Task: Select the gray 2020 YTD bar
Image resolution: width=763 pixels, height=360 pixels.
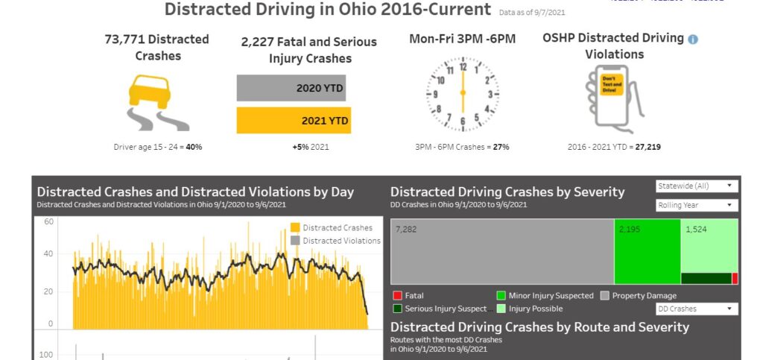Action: pyautogui.click(x=291, y=88)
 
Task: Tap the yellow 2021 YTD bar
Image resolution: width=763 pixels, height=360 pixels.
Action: pyautogui.click(x=293, y=120)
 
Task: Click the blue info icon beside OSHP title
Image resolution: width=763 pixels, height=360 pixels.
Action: pyautogui.click(x=693, y=39)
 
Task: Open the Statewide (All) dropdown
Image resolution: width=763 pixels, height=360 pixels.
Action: pyautogui.click(x=697, y=186)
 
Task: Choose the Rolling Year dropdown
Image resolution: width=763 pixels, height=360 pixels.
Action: pyautogui.click(x=697, y=205)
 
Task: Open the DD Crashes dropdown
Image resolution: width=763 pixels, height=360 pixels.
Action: pyautogui.click(x=697, y=309)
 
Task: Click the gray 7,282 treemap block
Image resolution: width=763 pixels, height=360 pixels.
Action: pyautogui.click(x=501, y=252)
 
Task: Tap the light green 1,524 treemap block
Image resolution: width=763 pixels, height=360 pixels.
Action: pyautogui.click(x=709, y=246)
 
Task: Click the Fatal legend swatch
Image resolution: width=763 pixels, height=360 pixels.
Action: pyautogui.click(x=397, y=296)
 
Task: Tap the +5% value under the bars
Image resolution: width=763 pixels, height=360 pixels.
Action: pyautogui.click(x=301, y=147)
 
